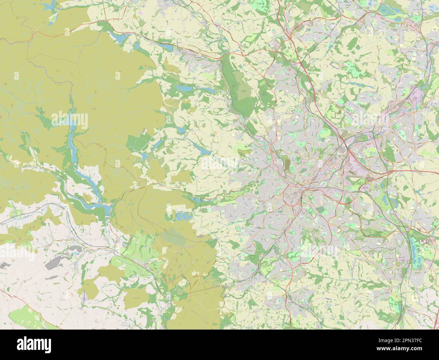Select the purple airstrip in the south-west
(x=83, y=297)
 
